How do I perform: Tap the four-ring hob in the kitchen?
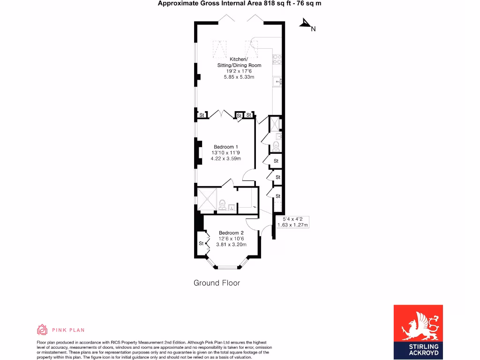click(x=277, y=59)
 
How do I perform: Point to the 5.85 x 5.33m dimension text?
click(x=239, y=77)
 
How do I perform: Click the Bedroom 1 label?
click(x=226, y=147)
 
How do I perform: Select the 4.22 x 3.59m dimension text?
click(x=226, y=158)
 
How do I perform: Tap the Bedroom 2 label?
click(x=231, y=233)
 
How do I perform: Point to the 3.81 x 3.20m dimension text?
click(x=230, y=244)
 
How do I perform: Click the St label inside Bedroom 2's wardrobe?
click(x=201, y=243)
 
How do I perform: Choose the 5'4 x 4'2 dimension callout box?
click(x=292, y=222)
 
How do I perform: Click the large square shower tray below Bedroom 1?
click(x=207, y=199)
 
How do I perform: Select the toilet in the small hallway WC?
click(x=276, y=146)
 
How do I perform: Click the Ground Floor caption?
click(x=217, y=283)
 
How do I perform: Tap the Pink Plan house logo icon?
click(x=42, y=330)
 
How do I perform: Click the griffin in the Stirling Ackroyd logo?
click(x=418, y=323)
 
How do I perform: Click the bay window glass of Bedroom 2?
click(x=227, y=268)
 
